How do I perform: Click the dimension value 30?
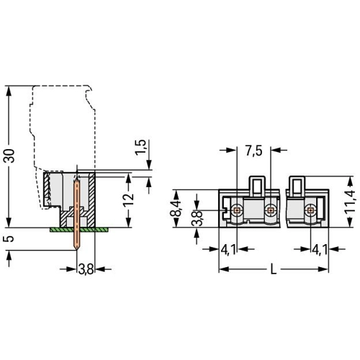[10, 156]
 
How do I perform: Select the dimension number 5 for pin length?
[9, 239]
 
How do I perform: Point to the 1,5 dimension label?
[140, 148]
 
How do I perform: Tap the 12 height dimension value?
[128, 199]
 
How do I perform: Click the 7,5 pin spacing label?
[253, 151]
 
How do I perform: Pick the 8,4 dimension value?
[177, 209]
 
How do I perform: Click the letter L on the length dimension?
[274, 269]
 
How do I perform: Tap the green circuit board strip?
[79, 230]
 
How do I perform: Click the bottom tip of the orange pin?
[76, 250]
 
